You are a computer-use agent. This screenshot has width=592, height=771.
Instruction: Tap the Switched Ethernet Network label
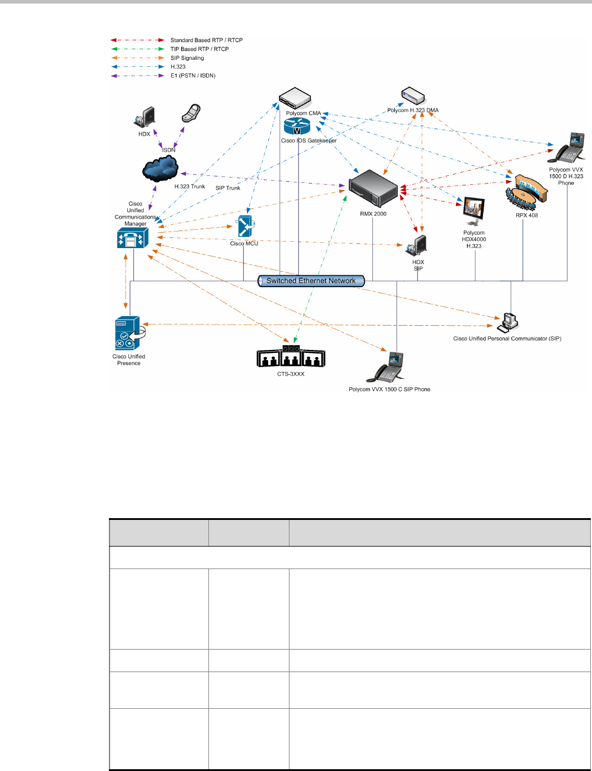[x=311, y=281]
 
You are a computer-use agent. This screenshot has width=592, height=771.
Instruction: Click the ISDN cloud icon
[x=160, y=169]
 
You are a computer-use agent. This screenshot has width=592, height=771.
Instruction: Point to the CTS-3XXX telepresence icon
[x=291, y=356]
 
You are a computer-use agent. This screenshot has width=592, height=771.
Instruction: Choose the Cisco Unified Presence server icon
[x=128, y=334]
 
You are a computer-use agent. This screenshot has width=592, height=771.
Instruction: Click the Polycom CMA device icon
[x=295, y=97]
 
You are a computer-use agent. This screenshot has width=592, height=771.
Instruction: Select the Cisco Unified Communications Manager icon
[x=132, y=238]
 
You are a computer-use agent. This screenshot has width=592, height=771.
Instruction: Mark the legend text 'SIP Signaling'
[x=187, y=58]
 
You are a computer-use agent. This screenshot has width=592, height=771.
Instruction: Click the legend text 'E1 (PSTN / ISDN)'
[x=193, y=76]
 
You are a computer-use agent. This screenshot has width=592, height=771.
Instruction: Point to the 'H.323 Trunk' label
[x=189, y=187]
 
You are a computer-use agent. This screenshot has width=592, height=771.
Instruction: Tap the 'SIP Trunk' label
[x=228, y=188]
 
